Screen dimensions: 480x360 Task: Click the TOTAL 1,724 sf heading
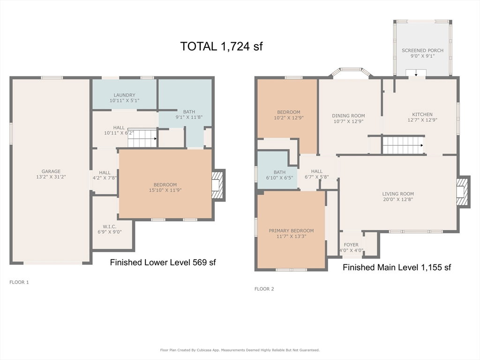pos(221,46)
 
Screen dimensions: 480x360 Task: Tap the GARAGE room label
pos(51,172)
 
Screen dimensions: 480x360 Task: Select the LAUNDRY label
pos(124,95)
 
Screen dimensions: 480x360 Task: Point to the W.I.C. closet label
pos(110,226)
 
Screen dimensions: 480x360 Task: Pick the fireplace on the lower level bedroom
pos(218,185)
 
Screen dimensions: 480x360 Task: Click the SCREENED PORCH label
pos(422,51)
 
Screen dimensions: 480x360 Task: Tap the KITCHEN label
pos(422,114)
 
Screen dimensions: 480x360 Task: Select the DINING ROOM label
pos(348,116)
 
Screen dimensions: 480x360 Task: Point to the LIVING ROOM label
pos(398,194)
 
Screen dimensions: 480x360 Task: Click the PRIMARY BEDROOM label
pos(291,231)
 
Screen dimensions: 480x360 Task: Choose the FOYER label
pos(351,245)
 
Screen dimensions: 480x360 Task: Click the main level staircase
pos(403,145)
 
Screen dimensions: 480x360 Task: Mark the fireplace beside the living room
pos(463,192)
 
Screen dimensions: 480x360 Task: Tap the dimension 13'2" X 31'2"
pos(51,177)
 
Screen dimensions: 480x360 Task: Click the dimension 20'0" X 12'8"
pos(398,199)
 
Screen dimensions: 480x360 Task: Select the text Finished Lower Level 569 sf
pos(163,262)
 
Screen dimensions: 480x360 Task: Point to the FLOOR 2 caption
pos(264,289)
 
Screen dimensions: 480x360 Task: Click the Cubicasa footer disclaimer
pos(240,350)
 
